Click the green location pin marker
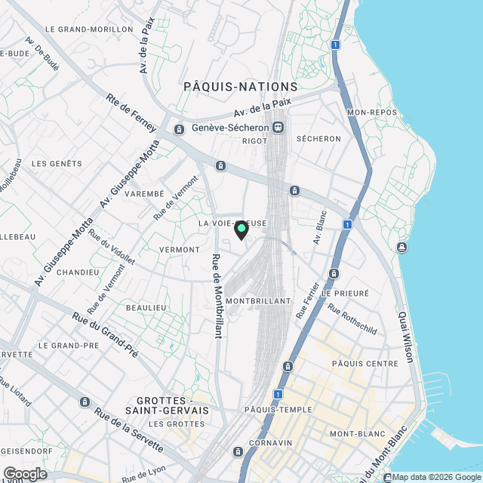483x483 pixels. click(241, 229)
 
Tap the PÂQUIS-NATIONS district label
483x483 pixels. click(241, 87)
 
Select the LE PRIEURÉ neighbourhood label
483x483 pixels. click(345, 292)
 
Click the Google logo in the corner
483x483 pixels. click(24, 473)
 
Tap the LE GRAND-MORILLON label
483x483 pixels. click(89, 29)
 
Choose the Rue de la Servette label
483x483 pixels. click(129, 430)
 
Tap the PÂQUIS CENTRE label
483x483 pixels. click(365, 364)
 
